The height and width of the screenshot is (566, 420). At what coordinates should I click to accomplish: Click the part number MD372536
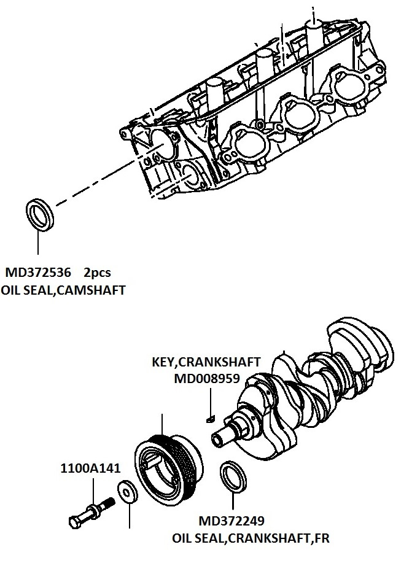[38, 272]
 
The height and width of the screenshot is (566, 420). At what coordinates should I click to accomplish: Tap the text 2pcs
[97, 273]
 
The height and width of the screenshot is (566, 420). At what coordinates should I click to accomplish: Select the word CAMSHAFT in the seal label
[91, 290]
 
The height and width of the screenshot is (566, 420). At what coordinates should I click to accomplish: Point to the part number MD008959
[207, 378]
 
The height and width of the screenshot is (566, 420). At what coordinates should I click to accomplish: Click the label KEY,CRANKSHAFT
[206, 362]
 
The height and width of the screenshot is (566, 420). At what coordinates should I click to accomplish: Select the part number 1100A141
[90, 468]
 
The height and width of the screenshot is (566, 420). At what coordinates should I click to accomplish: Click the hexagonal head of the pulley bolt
[75, 522]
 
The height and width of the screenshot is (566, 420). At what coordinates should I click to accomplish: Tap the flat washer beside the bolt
[128, 492]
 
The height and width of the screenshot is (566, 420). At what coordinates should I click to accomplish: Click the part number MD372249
[231, 521]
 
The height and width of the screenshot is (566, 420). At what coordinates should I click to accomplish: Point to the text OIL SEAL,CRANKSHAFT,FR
[251, 538]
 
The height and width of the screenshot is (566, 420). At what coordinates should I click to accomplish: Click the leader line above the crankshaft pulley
[162, 425]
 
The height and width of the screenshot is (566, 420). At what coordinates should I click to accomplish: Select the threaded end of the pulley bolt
[107, 502]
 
